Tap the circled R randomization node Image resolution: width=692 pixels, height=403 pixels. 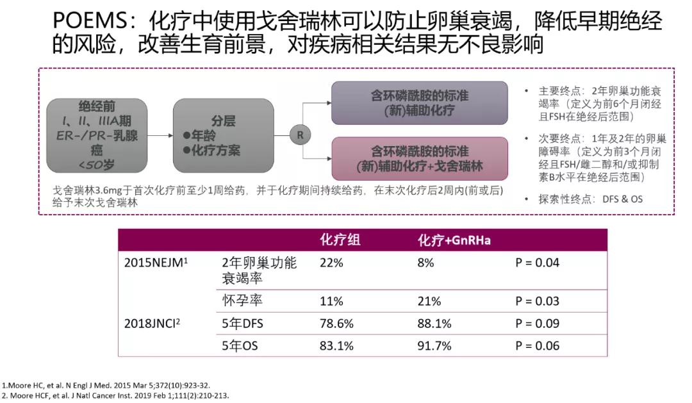(x=300, y=135)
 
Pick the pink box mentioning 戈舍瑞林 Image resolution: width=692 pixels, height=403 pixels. (x=419, y=159)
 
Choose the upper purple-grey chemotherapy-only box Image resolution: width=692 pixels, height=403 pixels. (x=419, y=103)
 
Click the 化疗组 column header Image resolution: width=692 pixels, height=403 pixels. (x=340, y=240)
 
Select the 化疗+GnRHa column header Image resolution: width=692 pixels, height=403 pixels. (x=454, y=240)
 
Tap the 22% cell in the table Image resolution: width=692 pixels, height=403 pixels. (x=332, y=263)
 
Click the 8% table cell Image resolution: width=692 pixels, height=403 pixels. (x=425, y=263)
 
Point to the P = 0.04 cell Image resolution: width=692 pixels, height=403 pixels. (x=537, y=263)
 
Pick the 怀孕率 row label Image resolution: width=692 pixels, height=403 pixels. (x=242, y=300)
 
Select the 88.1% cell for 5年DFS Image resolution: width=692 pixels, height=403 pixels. (x=434, y=324)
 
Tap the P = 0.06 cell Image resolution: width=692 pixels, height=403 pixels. (x=537, y=346)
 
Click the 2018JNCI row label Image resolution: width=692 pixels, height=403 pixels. (x=152, y=324)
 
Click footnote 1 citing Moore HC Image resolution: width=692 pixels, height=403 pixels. (x=106, y=385)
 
